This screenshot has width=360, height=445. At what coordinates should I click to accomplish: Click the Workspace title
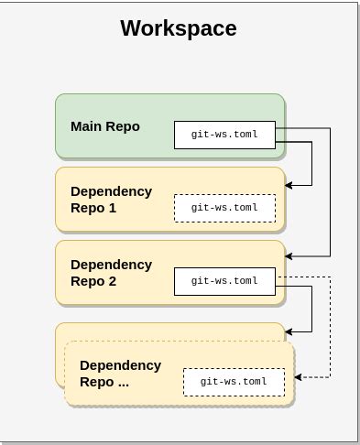(179, 28)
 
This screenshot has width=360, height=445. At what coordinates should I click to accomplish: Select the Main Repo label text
(105, 126)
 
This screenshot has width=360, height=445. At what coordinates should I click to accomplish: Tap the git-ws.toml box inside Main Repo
(224, 135)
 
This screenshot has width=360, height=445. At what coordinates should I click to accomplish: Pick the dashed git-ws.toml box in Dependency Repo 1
(224, 208)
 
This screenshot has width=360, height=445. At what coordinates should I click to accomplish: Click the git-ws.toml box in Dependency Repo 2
(224, 281)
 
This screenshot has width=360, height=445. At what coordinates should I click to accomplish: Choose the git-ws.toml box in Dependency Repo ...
(234, 382)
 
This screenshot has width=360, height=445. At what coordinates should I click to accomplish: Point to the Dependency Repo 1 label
(111, 200)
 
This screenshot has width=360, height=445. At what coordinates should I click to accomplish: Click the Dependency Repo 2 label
(111, 273)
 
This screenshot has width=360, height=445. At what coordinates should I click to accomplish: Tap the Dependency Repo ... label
(120, 374)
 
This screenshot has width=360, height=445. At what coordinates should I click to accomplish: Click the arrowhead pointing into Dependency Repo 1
(289, 185)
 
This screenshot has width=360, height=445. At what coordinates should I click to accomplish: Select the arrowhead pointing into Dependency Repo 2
(289, 257)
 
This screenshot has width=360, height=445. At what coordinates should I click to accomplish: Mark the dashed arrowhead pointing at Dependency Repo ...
(299, 376)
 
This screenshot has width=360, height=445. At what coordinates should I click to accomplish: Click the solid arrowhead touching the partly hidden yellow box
(289, 331)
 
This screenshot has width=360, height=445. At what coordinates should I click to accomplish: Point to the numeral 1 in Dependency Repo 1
(113, 208)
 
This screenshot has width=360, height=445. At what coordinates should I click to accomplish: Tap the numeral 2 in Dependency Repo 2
(113, 281)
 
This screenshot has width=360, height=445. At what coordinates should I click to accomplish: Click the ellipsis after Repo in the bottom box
(123, 383)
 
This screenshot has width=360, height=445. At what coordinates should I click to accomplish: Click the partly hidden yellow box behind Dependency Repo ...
(169, 331)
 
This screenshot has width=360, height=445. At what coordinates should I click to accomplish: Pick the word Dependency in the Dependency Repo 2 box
(111, 265)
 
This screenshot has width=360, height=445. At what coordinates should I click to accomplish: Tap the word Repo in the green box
(123, 126)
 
